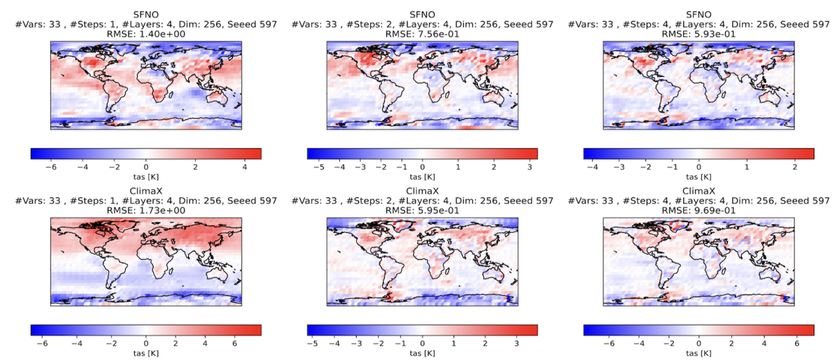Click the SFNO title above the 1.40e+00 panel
coord(146,14)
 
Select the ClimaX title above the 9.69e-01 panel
coord(699,191)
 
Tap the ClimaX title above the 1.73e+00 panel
coord(146,191)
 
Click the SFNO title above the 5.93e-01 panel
coord(699,14)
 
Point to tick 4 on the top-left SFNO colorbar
coord(243,167)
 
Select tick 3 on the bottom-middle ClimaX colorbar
coord(517,344)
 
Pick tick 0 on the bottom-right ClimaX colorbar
coord(699,344)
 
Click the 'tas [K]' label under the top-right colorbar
coord(699,177)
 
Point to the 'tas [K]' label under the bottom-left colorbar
coord(146,354)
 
